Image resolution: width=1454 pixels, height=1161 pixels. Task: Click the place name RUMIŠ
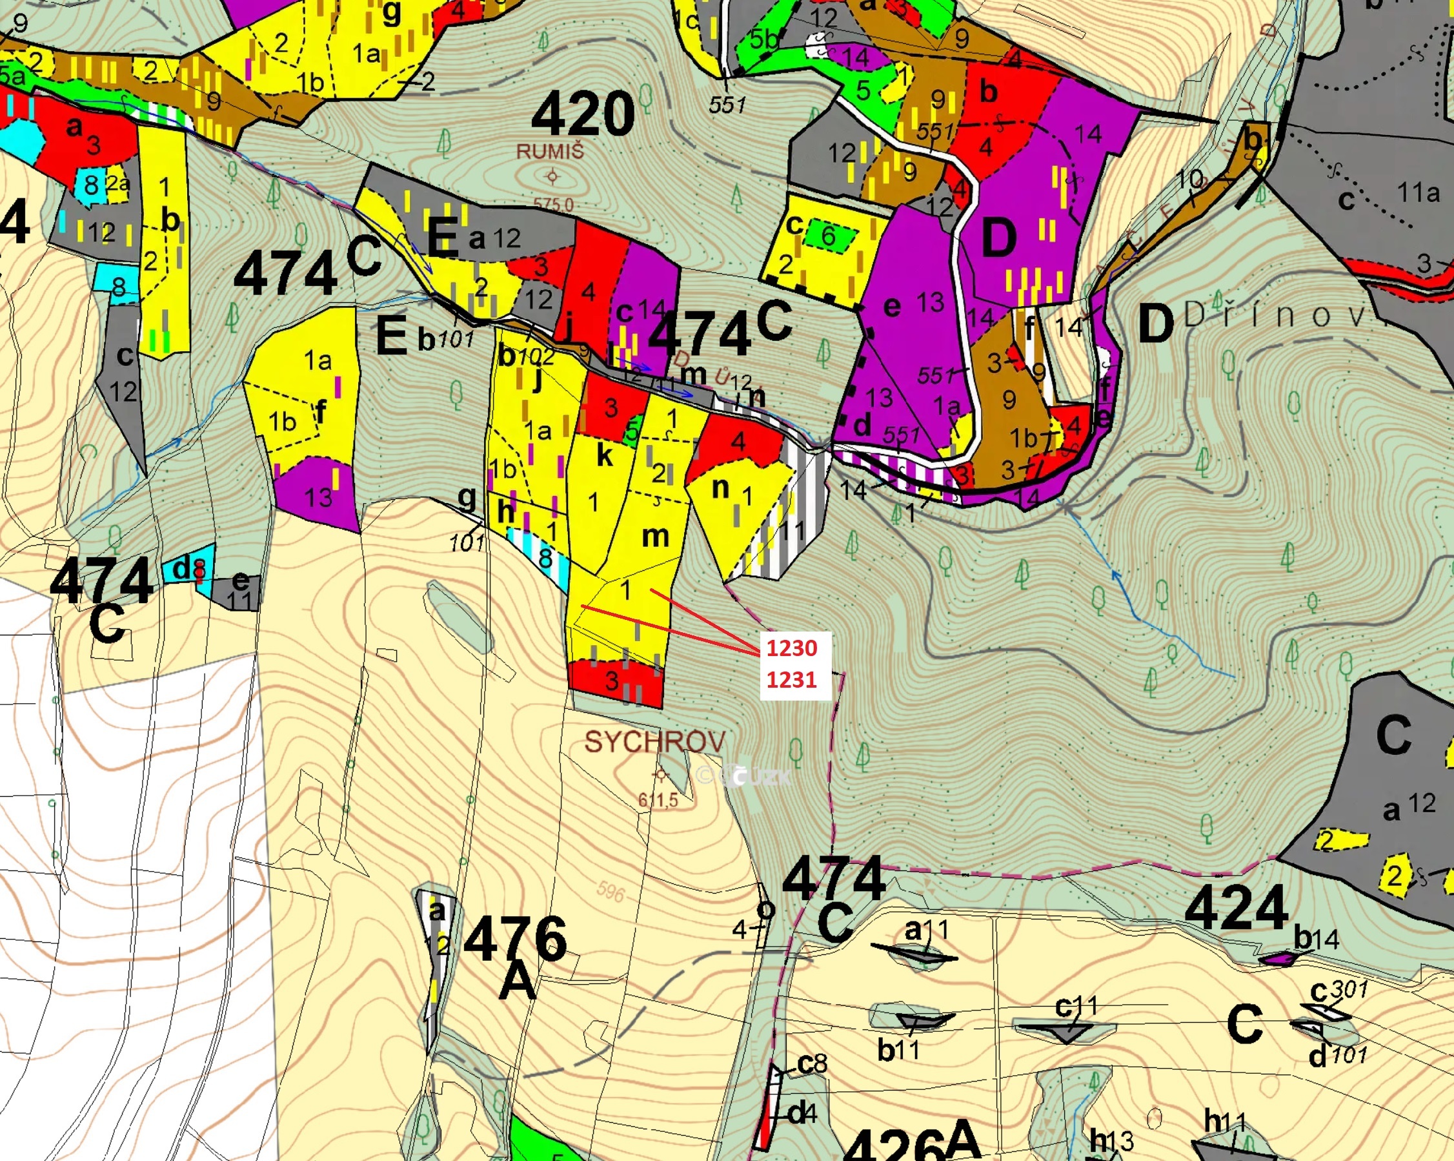(550, 151)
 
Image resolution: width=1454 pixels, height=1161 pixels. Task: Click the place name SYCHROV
(654, 742)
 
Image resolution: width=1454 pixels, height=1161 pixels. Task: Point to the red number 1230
(792, 648)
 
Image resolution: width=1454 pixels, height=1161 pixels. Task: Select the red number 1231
(792, 679)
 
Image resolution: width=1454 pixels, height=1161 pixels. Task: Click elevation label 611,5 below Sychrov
(658, 801)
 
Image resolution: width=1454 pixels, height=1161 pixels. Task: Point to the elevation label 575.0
(553, 203)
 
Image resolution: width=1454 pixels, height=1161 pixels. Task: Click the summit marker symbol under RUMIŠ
(553, 178)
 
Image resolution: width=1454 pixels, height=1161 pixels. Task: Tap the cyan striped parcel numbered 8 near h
(545, 557)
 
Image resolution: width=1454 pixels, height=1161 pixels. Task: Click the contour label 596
(611, 892)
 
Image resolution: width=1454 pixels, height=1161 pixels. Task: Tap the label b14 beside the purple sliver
(1316, 938)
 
